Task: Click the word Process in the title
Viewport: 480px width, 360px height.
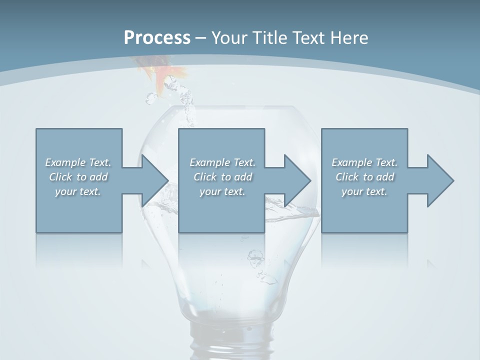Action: [157, 38]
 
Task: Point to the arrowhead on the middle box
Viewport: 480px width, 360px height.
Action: [296, 180]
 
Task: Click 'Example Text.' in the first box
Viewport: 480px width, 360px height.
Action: [78, 162]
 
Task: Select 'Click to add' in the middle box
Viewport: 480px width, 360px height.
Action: [222, 177]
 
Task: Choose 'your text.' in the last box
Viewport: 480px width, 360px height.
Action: [364, 191]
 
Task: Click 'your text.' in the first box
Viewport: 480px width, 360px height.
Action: [78, 191]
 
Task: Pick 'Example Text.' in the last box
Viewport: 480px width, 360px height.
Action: [364, 162]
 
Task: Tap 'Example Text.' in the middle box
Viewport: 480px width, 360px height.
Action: [222, 162]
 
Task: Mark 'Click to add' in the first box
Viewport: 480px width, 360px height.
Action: [78, 177]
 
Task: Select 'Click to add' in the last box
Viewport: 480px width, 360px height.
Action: [364, 177]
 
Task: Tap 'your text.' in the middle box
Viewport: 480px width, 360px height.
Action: [222, 191]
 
